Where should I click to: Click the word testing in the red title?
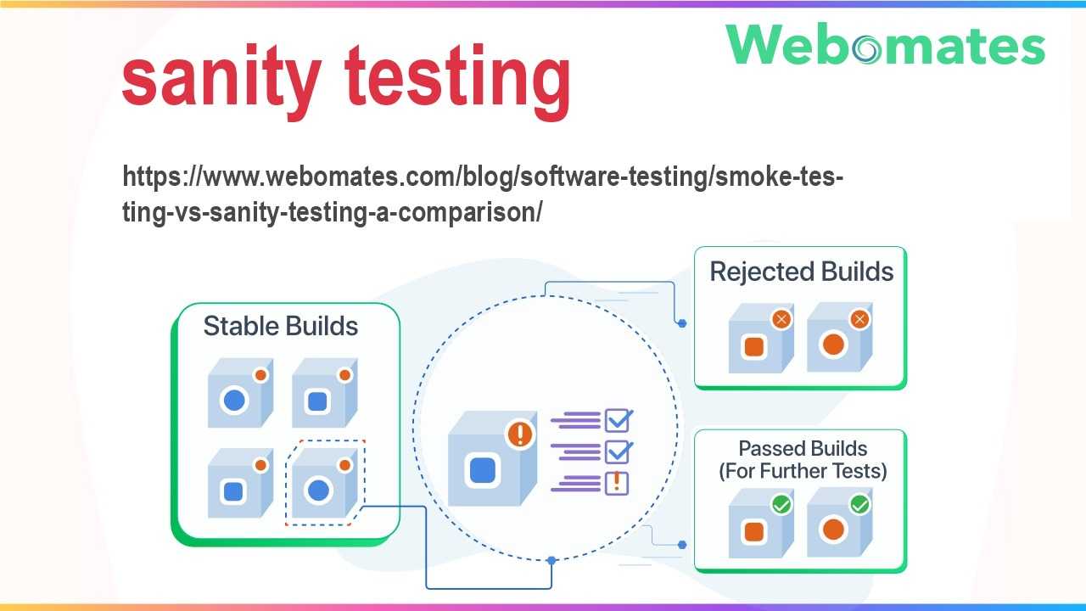click(457, 81)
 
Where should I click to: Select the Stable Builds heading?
click(281, 326)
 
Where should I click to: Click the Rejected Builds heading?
click(802, 272)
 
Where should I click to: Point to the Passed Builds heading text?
click(803, 460)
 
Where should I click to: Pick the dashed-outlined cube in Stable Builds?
click(325, 483)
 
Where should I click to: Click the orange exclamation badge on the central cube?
click(520, 434)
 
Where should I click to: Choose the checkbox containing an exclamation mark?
click(617, 484)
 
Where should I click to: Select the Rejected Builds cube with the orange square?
click(761, 338)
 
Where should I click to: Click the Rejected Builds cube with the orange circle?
click(840, 338)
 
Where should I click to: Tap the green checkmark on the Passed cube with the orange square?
click(781, 505)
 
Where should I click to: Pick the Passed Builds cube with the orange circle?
click(840, 523)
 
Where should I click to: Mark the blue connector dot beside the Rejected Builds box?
click(682, 323)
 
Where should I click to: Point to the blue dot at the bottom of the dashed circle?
click(551, 561)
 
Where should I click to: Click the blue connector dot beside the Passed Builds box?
click(682, 545)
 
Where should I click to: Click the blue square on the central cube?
click(483, 470)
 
